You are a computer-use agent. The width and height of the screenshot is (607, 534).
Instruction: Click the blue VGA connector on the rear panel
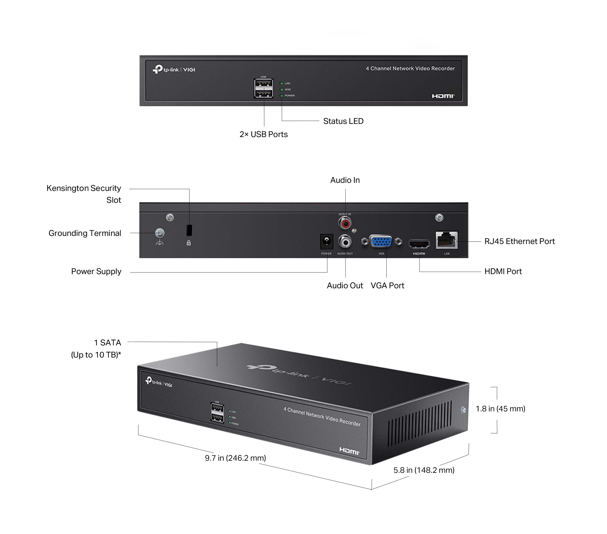(381, 241)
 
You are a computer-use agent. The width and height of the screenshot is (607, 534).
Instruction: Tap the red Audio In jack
(345, 223)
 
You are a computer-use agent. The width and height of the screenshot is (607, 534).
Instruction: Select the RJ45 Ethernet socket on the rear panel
(446, 240)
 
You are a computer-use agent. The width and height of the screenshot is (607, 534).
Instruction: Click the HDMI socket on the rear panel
(419, 244)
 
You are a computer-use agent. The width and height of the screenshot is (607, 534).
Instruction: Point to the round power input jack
(327, 241)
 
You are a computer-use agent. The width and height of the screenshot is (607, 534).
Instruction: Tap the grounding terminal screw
(160, 233)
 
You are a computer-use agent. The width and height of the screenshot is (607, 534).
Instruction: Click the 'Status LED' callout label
(343, 121)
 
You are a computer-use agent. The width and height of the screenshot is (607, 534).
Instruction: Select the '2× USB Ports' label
(263, 135)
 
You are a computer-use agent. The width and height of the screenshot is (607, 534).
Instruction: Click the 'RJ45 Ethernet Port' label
(519, 241)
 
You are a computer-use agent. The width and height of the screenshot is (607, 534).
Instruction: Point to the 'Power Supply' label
(96, 271)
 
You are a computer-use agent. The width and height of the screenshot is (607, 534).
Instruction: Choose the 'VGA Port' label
(387, 285)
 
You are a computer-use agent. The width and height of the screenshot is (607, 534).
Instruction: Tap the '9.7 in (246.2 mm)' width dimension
(235, 458)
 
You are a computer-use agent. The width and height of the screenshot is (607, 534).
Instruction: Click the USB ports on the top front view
(263, 88)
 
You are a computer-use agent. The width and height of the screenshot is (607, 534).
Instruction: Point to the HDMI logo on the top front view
(443, 96)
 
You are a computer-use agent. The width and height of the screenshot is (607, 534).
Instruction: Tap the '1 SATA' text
(108, 343)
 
